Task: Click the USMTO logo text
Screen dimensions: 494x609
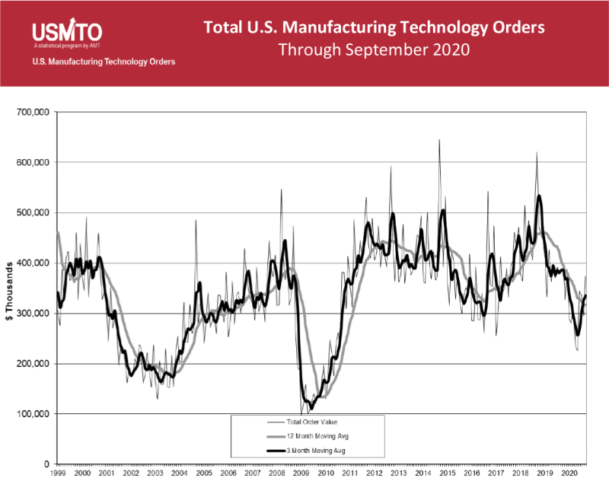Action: pos(67,32)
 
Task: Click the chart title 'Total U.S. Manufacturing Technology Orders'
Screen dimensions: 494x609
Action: pos(374,28)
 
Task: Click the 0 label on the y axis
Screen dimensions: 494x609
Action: pos(46,464)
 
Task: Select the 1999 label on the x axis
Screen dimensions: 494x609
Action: pos(59,473)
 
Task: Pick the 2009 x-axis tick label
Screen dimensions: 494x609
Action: pos(301,473)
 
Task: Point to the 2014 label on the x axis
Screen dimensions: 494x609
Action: pos(422,473)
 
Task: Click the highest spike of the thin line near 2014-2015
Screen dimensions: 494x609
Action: pos(439,140)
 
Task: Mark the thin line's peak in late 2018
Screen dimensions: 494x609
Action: pos(537,153)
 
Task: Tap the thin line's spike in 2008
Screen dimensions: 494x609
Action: pos(281,190)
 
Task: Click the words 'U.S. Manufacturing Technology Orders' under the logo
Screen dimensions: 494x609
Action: pos(104,62)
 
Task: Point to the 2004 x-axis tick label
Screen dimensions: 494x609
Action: pos(180,473)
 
